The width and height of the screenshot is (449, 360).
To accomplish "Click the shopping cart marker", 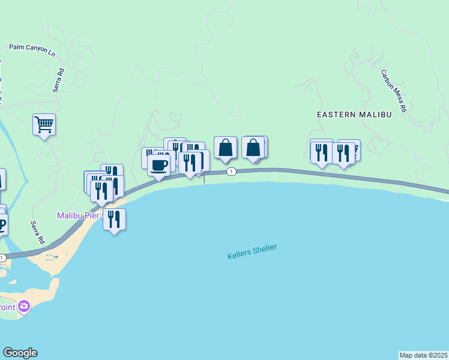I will (44, 125).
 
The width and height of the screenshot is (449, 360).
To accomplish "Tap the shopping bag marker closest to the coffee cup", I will (225, 148).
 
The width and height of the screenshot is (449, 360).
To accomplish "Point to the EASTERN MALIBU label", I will (354, 114).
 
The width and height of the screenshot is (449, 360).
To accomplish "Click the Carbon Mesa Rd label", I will (394, 92).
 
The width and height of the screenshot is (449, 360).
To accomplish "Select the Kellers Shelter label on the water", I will (252, 251).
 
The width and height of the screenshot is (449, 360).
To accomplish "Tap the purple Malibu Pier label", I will (80, 215).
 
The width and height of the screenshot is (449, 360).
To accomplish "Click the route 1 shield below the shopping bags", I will (231, 172).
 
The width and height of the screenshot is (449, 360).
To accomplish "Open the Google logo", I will (20, 353).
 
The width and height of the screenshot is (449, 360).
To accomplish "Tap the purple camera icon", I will (24, 307).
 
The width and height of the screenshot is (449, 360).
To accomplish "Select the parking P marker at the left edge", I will (2, 226).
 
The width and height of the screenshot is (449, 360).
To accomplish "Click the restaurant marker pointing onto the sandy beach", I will (114, 220).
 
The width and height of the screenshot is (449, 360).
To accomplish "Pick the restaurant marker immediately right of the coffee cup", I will (190, 163).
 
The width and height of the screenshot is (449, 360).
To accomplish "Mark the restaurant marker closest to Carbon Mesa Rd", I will (343, 152).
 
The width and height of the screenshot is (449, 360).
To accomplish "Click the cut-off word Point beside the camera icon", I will (7, 307).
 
